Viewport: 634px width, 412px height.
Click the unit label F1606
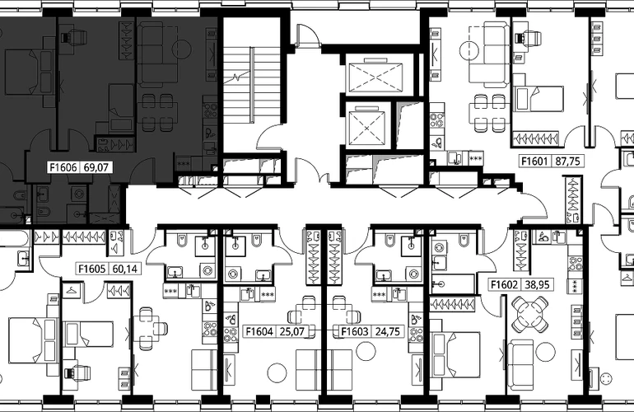click(x=63, y=167)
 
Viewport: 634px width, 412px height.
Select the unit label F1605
click(x=91, y=269)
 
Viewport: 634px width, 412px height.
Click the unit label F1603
click(x=355, y=331)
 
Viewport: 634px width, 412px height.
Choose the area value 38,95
click(x=537, y=284)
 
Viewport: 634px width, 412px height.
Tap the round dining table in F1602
click(x=529, y=314)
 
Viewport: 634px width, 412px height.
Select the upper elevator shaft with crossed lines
click(x=375, y=77)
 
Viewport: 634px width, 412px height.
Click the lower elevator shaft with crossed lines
click(x=366, y=128)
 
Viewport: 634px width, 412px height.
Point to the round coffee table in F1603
click(x=366, y=350)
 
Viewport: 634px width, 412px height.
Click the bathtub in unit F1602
click(x=453, y=283)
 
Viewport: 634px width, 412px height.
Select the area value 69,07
click(x=96, y=167)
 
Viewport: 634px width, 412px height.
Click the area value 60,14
click(x=125, y=269)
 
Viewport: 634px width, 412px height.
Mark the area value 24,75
click(x=387, y=331)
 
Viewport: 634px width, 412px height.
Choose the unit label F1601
click(x=534, y=161)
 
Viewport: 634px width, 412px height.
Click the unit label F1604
click(x=260, y=331)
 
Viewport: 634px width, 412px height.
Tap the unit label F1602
click(x=504, y=284)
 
